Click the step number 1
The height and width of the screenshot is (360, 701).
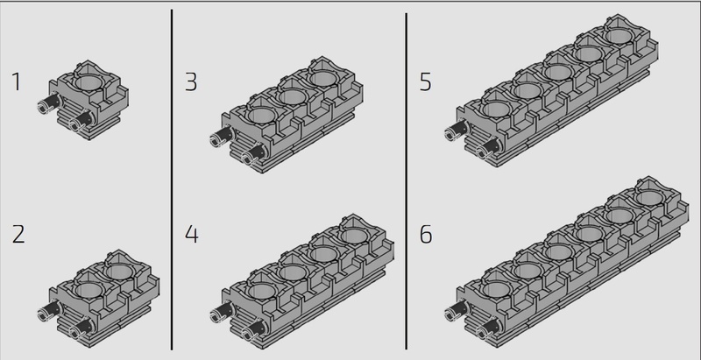[17, 82]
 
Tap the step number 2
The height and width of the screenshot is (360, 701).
[18, 235]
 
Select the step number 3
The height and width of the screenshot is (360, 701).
[191, 82]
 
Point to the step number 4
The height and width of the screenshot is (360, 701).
[191, 235]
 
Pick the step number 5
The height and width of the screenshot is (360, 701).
[426, 82]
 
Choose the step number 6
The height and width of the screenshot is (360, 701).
[426, 235]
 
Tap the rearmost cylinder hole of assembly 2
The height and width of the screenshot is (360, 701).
[119, 271]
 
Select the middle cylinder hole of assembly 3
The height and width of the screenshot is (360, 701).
[292, 96]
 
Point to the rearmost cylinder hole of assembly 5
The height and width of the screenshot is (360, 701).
[620, 36]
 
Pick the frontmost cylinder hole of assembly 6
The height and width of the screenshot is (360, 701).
[497, 290]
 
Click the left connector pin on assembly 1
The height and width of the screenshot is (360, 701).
[48, 104]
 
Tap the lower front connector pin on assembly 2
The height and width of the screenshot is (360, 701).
[81, 327]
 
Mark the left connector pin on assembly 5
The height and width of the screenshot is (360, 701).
[456, 129]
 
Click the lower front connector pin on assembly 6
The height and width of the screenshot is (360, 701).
[488, 327]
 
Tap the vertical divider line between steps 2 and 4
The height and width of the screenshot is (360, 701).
[172, 180]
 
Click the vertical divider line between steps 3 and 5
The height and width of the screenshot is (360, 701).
[406, 181]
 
